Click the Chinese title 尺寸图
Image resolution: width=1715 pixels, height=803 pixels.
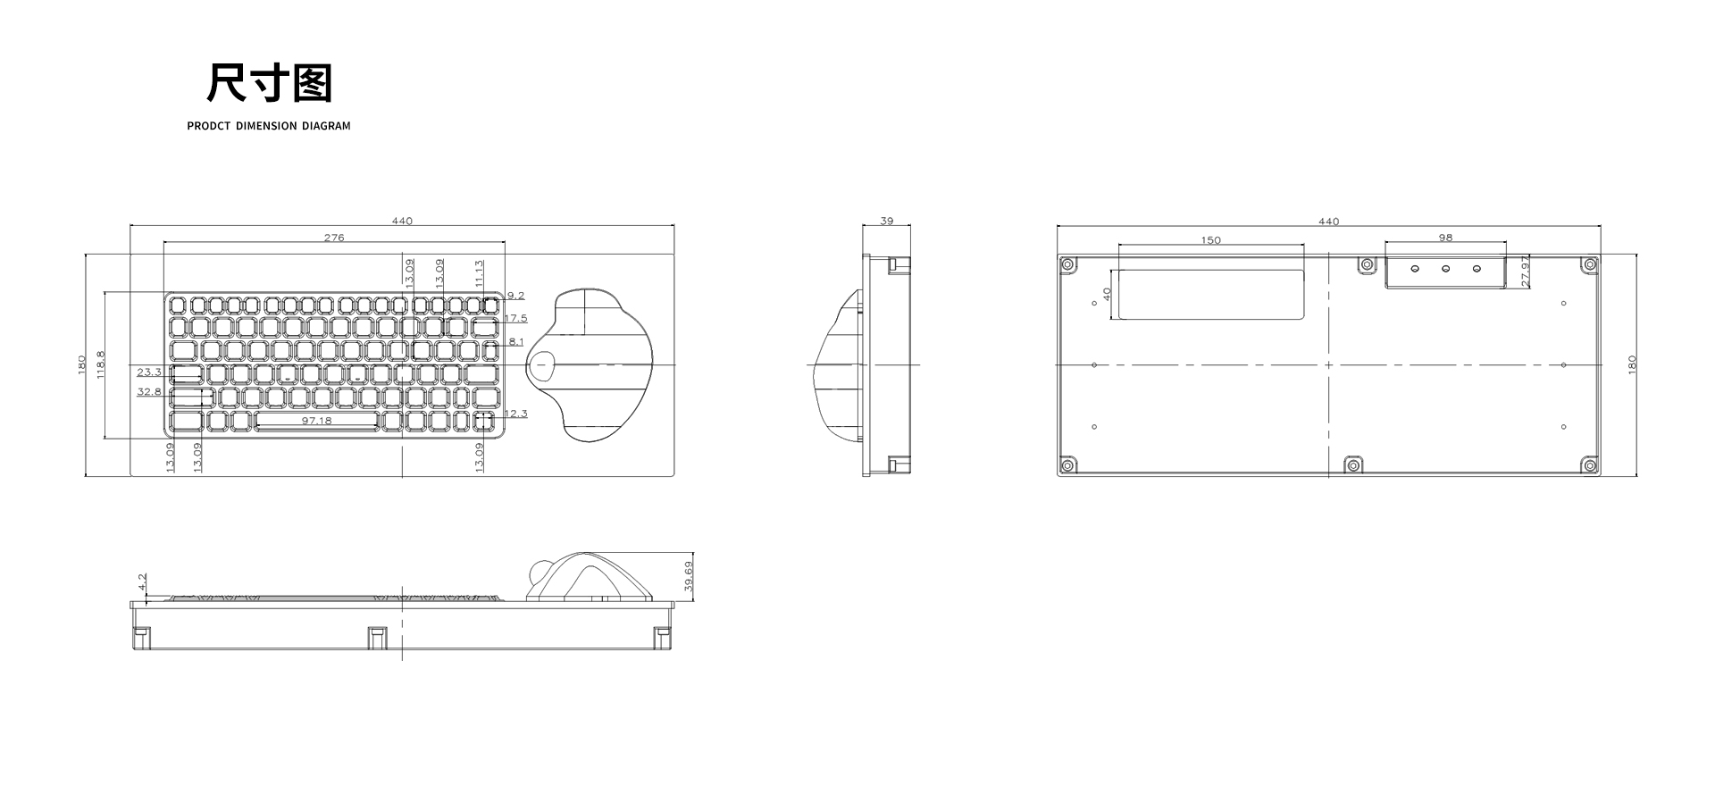pyautogui.click(x=269, y=83)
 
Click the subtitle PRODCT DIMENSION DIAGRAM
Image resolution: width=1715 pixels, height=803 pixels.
pyautogui.click(x=269, y=126)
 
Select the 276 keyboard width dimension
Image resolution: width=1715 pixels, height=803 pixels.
pyautogui.click(x=334, y=238)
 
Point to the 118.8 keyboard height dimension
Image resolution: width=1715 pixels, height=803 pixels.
pyautogui.click(x=100, y=364)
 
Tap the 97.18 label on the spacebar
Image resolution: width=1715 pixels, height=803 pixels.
pyautogui.click(x=316, y=421)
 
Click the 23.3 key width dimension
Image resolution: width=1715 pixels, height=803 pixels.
pyautogui.click(x=149, y=372)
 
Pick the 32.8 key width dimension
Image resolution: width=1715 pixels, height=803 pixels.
pyautogui.click(x=149, y=391)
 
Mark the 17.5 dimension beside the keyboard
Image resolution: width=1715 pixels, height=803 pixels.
pyautogui.click(x=516, y=318)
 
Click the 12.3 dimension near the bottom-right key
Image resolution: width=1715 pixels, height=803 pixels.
pyautogui.click(x=516, y=414)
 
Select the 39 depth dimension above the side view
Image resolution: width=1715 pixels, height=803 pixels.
pyautogui.click(x=887, y=221)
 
